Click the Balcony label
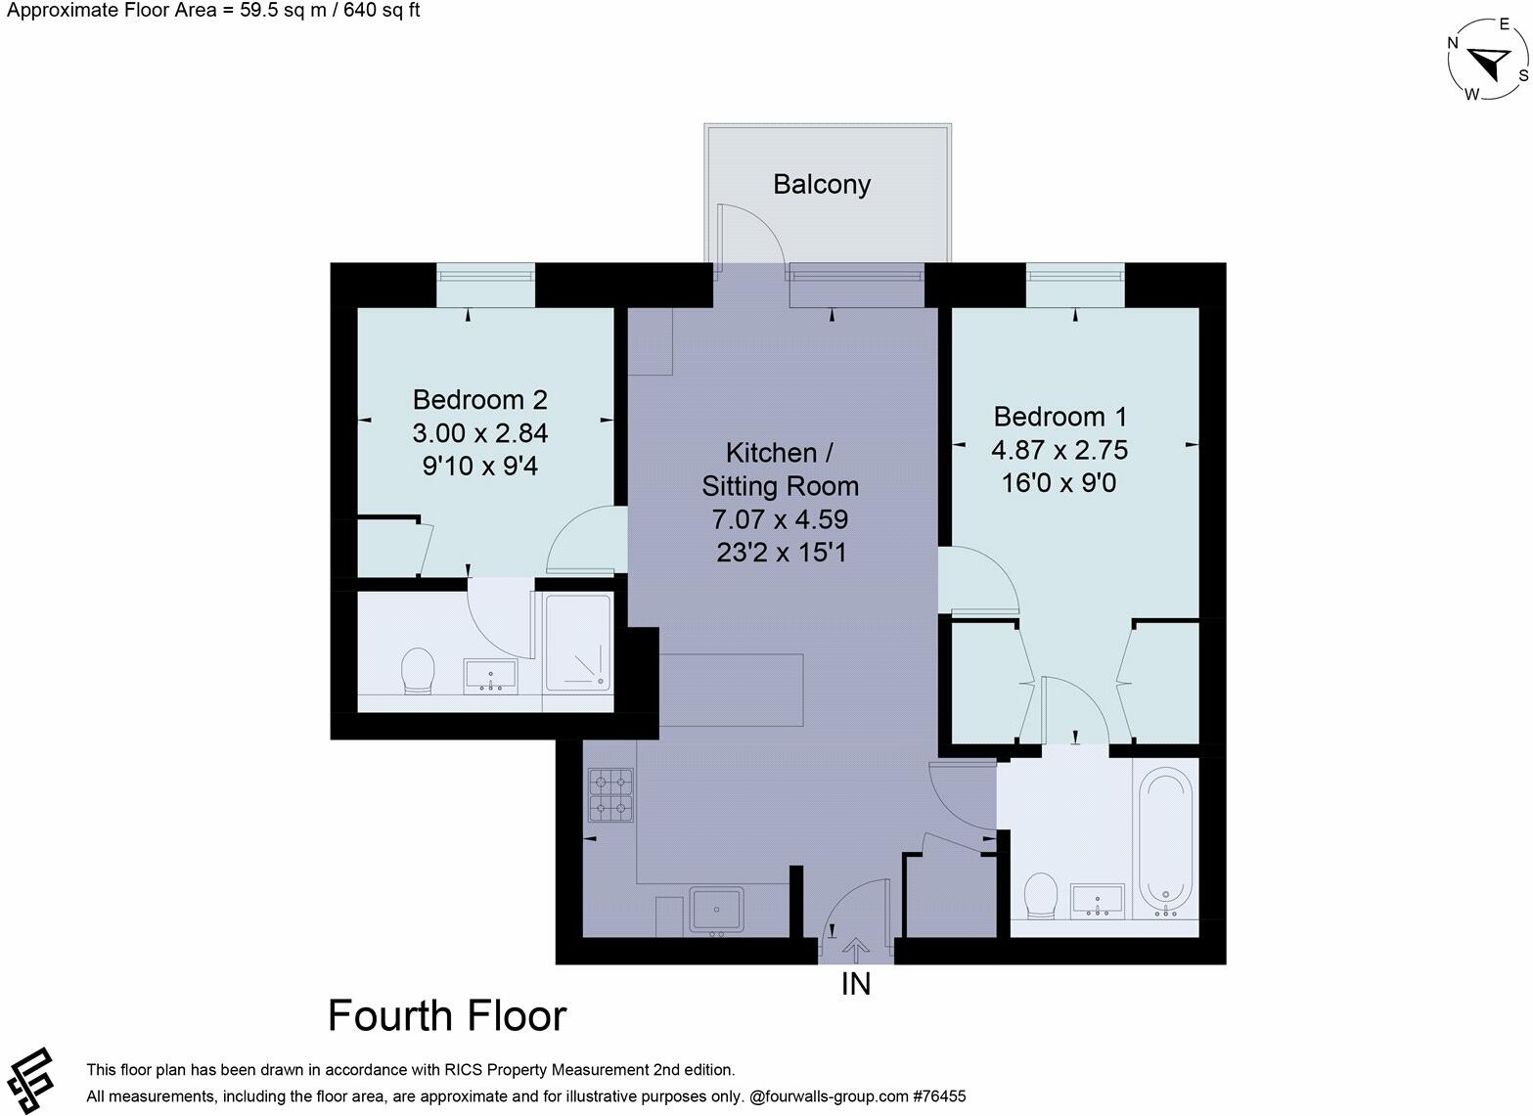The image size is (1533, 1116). point(821,184)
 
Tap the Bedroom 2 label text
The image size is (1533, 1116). point(479,399)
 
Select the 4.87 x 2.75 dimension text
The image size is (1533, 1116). point(1060,450)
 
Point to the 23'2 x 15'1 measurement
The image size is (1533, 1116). point(781,553)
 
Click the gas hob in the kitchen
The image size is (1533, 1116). point(610,794)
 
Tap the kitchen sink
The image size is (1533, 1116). point(717,909)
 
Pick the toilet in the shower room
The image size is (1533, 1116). point(418,670)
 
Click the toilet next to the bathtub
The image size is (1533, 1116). point(1040,896)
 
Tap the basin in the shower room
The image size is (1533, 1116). point(490,675)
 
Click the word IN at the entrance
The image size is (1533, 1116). point(856,984)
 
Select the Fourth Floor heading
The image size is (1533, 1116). point(447,1016)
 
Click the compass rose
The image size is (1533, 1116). point(1488,63)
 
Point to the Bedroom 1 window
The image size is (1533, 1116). point(1075,286)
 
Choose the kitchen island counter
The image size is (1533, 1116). point(731,690)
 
